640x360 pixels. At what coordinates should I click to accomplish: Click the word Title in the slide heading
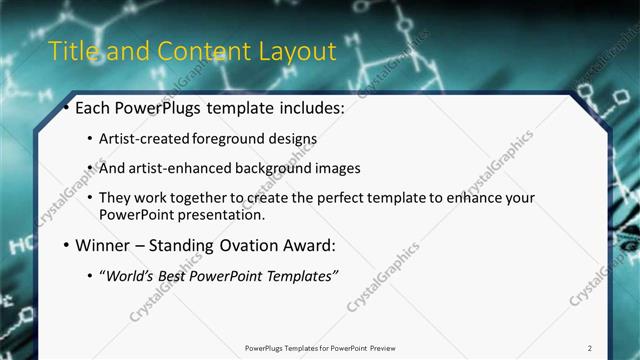(x=72, y=51)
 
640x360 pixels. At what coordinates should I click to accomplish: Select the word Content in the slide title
(x=189, y=51)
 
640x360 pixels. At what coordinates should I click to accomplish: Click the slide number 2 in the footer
(x=590, y=348)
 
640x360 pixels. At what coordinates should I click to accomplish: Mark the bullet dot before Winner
(x=66, y=245)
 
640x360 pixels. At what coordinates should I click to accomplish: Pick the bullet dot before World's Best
(x=90, y=275)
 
